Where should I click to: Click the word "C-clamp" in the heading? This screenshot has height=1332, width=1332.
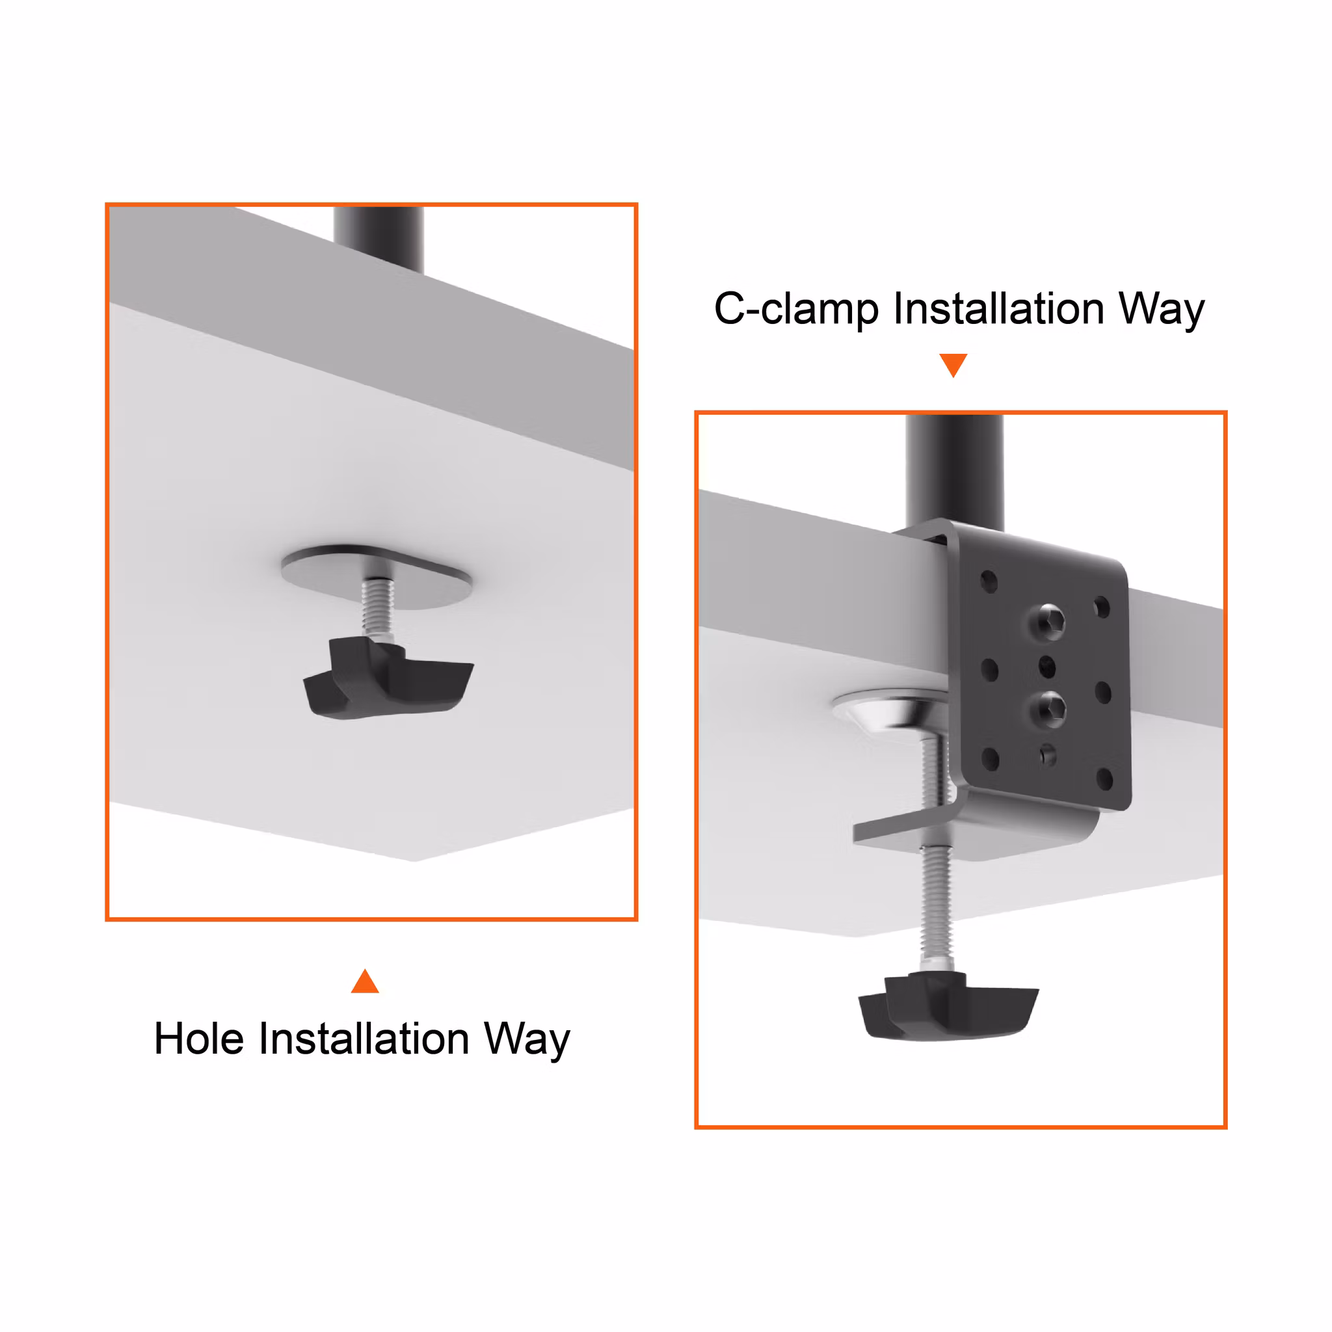coord(796,308)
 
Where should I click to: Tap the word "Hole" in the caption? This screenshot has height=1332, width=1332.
coord(199,1039)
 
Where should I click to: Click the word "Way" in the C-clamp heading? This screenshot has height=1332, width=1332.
coord(1162,310)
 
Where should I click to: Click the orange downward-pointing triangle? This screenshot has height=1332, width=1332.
coord(953,364)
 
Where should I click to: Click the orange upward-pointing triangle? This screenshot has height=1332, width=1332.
coord(365,981)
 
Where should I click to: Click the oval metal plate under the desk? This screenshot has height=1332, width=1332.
coord(377,576)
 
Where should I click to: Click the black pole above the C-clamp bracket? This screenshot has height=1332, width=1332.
coord(954,473)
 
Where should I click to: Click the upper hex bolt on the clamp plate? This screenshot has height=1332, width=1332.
coord(1047,621)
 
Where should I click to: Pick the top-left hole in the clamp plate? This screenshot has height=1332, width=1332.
coord(989,581)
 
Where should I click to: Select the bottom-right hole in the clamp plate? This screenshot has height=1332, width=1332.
coord(1104,780)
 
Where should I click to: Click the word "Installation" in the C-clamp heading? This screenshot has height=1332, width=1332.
coord(999,308)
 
